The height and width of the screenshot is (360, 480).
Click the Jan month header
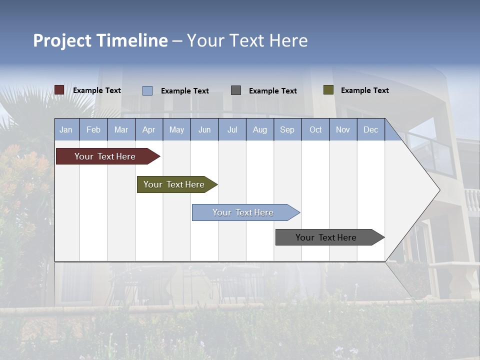click(66, 130)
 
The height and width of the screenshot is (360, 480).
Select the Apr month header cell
click(148, 130)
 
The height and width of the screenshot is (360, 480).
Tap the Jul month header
click(232, 130)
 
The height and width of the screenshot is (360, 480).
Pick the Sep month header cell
click(287, 130)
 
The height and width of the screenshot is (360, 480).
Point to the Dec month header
click(370, 130)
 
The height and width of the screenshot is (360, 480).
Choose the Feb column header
click(93, 130)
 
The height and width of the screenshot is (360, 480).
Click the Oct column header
click(315, 130)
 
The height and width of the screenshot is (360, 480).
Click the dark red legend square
click(59, 90)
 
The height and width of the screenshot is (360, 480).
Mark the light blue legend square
click(147, 90)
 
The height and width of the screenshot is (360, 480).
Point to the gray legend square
click(236, 90)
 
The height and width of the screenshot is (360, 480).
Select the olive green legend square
click(328, 90)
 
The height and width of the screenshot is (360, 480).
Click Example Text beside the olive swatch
click(364, 90)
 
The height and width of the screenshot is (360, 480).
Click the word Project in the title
click(62, 40)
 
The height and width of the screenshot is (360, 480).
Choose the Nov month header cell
click(343, 130)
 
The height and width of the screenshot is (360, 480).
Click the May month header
click(176, 130)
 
